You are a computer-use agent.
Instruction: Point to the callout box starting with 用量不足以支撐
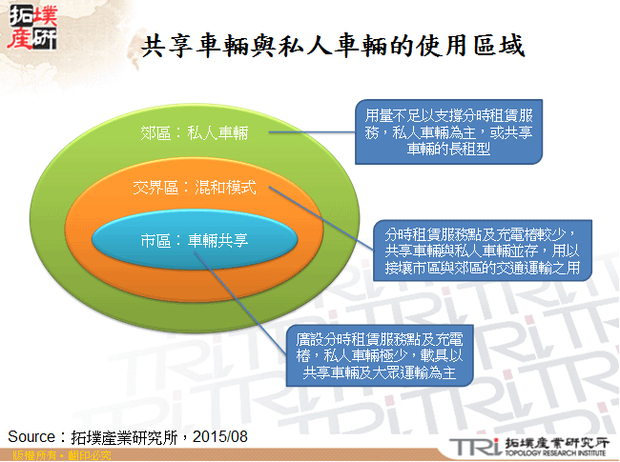[448, 131]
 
